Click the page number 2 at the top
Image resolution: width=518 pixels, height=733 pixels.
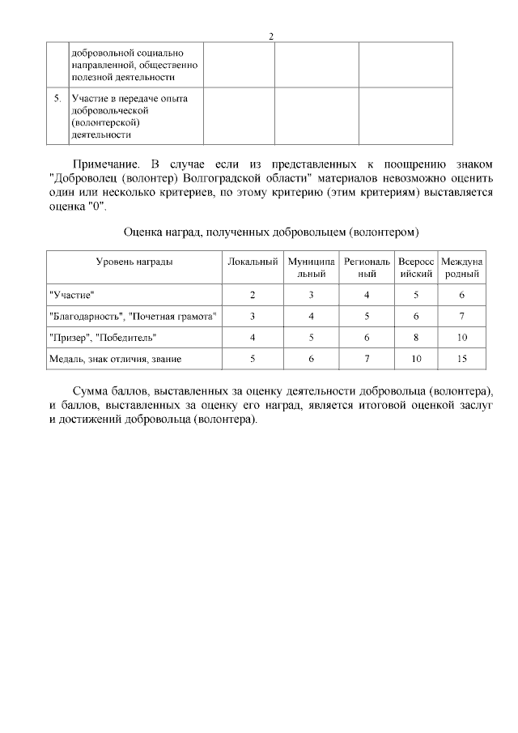(271, 36)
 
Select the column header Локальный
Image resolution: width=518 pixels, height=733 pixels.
(253, 262)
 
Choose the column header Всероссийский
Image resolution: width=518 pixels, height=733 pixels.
(416, 268)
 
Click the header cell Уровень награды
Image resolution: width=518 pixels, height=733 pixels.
(134, 262)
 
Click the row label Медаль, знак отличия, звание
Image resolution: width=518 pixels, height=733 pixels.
(115, 358)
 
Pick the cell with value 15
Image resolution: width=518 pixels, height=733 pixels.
(461, 358)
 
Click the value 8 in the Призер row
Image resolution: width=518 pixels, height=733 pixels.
(416, 337)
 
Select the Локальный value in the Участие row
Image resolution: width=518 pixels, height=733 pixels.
(253, 295)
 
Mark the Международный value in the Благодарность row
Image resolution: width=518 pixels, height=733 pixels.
(461, 316)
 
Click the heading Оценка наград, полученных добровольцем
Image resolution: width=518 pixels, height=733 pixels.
(270, 232)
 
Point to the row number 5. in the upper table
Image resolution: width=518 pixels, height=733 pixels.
(57, 99)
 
